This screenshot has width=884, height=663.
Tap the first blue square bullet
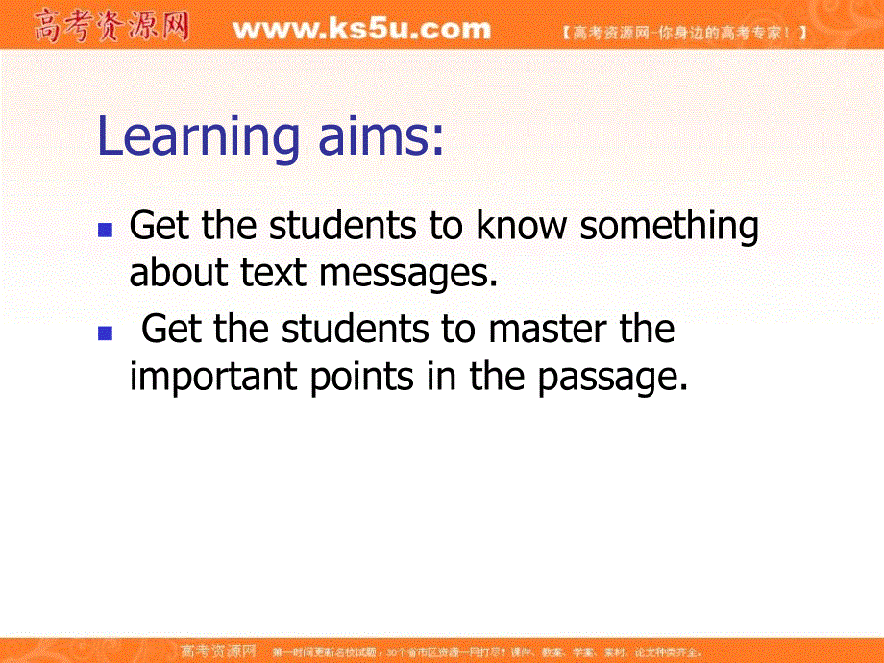[x=109, y=232]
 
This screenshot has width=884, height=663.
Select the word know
[x=525, y=227]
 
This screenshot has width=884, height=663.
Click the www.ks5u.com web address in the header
[x=362, y=29]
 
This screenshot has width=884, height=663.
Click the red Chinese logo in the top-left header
[x=111, y=27]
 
